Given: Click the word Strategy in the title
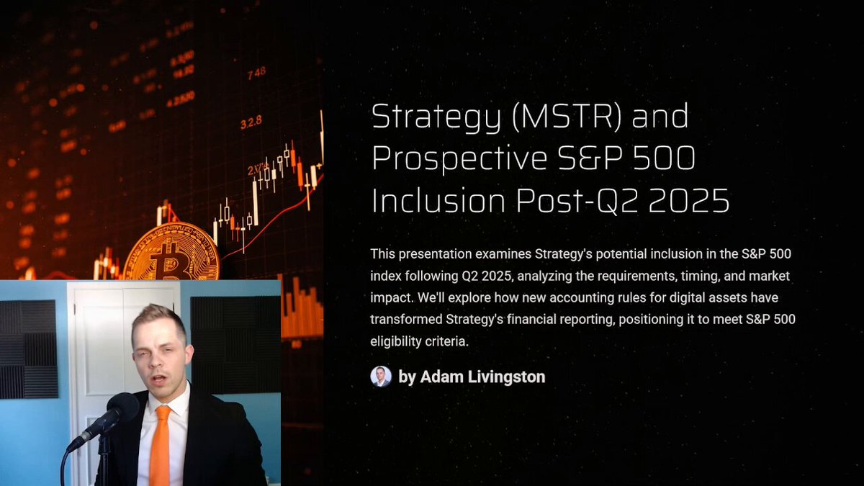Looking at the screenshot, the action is (436, 117).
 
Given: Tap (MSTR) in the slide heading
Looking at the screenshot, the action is (567, 116).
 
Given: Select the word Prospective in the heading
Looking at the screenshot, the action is (459, 159).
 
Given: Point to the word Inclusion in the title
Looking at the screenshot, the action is (438, 200).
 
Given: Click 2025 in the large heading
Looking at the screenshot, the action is (689, 201).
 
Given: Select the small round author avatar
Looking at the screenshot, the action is (381, 377).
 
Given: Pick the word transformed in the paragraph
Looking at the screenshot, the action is (406, 320).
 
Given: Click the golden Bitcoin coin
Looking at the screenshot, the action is (171, 253).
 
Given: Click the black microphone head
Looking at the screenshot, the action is (122, 408).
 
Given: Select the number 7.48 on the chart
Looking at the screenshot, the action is (256, 73).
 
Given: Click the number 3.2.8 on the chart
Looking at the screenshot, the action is (251, 122).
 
